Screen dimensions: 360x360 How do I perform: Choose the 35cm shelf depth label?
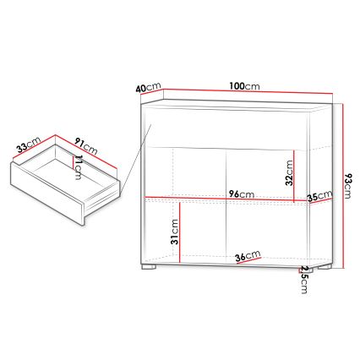tap(319, 198)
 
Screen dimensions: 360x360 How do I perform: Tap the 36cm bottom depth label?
tap(247, 255)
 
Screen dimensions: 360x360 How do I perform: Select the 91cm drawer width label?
tap(85, 145)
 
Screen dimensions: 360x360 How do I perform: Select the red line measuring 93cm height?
tap(343, 186)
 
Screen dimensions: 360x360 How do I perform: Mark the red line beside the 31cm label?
tap(180, 228)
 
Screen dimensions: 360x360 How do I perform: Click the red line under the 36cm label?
tap(247, 262)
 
